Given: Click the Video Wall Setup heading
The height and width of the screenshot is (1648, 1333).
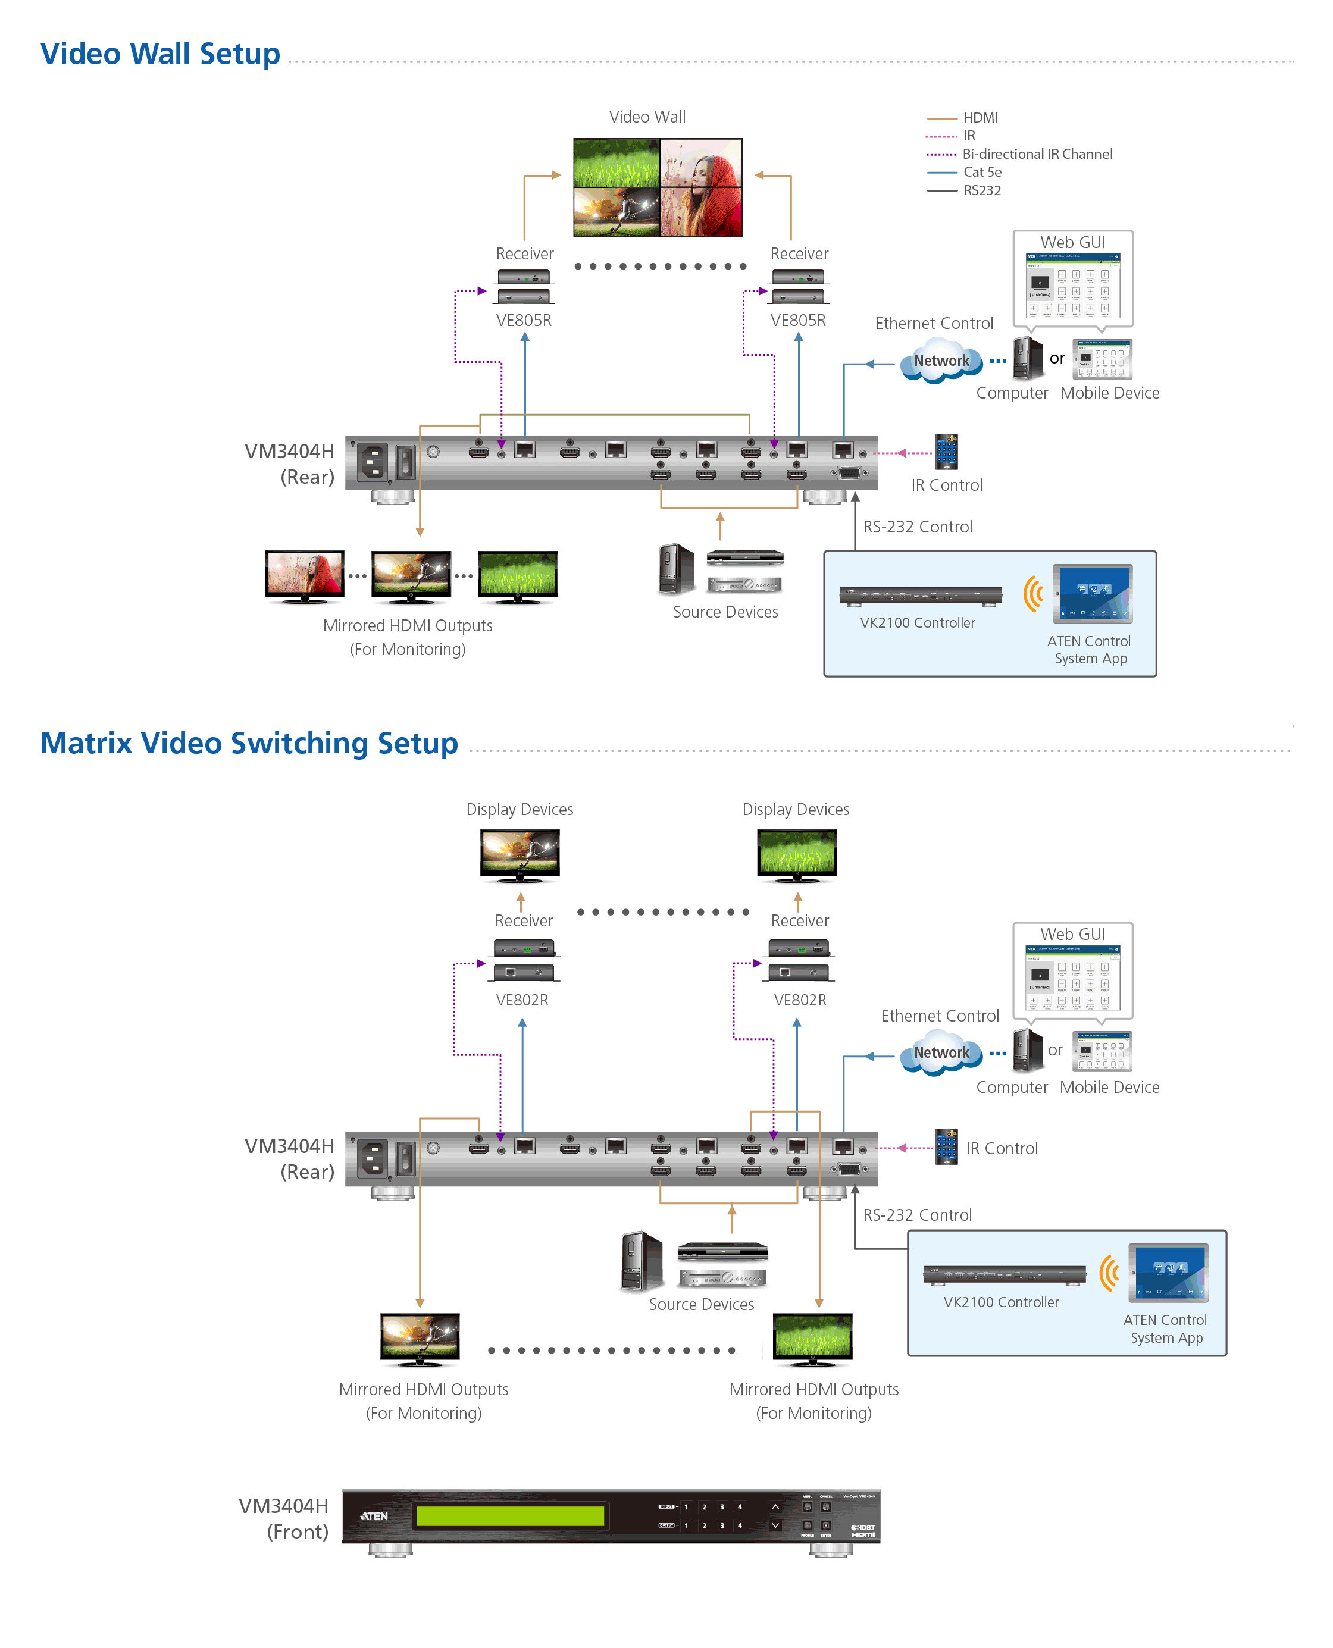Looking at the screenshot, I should (159, 54).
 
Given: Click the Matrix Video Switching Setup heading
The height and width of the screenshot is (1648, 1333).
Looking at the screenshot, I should (249, 743).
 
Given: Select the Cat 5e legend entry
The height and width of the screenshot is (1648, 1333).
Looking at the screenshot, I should (982, 172).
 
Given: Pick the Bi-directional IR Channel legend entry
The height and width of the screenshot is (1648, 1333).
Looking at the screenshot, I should (1037, 153).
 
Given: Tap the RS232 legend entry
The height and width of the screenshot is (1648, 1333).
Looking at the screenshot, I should (981, 190).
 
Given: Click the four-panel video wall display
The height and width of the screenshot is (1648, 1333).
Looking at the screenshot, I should (658, 187).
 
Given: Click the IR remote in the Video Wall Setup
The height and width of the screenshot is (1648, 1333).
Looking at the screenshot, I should (946, 452).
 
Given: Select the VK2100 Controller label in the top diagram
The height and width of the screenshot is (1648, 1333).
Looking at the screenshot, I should (917, 622).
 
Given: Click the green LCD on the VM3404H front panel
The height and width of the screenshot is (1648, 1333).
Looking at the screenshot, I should (510, 1515).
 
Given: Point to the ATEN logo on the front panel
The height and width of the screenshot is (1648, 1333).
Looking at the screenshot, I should (375, 1516).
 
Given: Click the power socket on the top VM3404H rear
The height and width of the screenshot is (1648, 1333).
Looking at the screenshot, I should (373, 462).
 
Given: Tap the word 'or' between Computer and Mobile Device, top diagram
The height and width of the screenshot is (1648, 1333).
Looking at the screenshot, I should (1056, 359).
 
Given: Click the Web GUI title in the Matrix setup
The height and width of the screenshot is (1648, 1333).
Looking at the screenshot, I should (1073, 934).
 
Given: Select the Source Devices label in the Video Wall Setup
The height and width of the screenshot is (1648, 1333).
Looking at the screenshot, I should (725, 612).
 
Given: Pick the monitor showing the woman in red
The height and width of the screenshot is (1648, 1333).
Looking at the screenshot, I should (304, 574).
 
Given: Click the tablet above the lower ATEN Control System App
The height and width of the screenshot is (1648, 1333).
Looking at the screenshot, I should (1168, 1273).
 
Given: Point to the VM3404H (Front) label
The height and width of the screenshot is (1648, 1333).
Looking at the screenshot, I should (283, 1518).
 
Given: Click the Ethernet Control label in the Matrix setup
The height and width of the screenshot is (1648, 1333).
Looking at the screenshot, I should (939, 1016).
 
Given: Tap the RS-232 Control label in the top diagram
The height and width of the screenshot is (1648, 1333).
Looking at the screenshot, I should (917, 527).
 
